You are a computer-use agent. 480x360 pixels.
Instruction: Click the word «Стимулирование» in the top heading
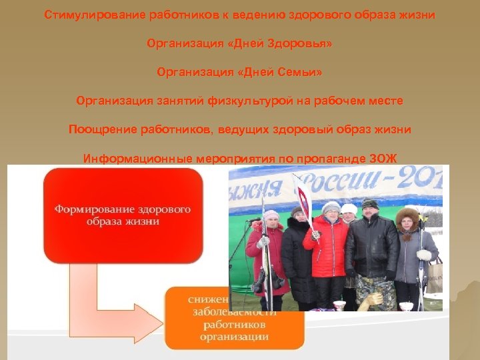94,14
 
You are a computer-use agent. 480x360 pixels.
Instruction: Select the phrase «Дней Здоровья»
283,43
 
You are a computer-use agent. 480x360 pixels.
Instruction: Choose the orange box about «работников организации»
235,317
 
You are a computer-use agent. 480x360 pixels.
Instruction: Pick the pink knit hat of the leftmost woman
271,215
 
